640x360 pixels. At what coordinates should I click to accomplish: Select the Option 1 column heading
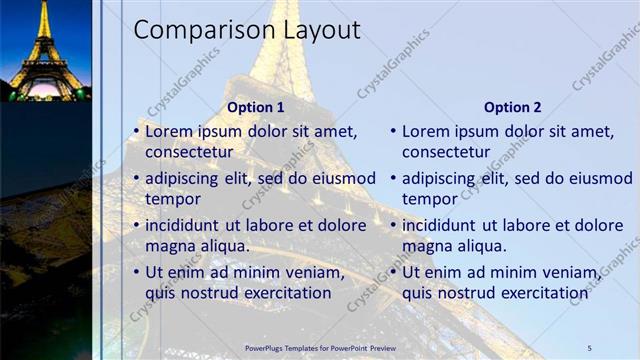(x=256, y=107)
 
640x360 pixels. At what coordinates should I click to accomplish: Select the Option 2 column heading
(x=512, y=107)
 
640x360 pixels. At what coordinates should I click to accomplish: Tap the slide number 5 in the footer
(x=589, y=347)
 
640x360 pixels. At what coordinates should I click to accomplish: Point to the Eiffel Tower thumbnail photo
(x=45, y=50)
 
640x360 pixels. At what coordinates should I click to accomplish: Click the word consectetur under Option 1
(x=189, y=153)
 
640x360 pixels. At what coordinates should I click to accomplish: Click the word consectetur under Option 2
(x=446, y=153)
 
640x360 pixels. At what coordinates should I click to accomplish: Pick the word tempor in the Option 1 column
(x=173, y=199)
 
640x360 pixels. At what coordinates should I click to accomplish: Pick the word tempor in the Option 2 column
(x=430, y=199)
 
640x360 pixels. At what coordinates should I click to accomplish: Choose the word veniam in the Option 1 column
(x=314, y=272)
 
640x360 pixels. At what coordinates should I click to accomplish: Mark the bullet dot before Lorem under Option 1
(x=137, y=132)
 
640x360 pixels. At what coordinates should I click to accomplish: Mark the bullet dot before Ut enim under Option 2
(x=394, y=272)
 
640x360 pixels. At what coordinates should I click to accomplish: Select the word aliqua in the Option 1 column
(x=222, y=246)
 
